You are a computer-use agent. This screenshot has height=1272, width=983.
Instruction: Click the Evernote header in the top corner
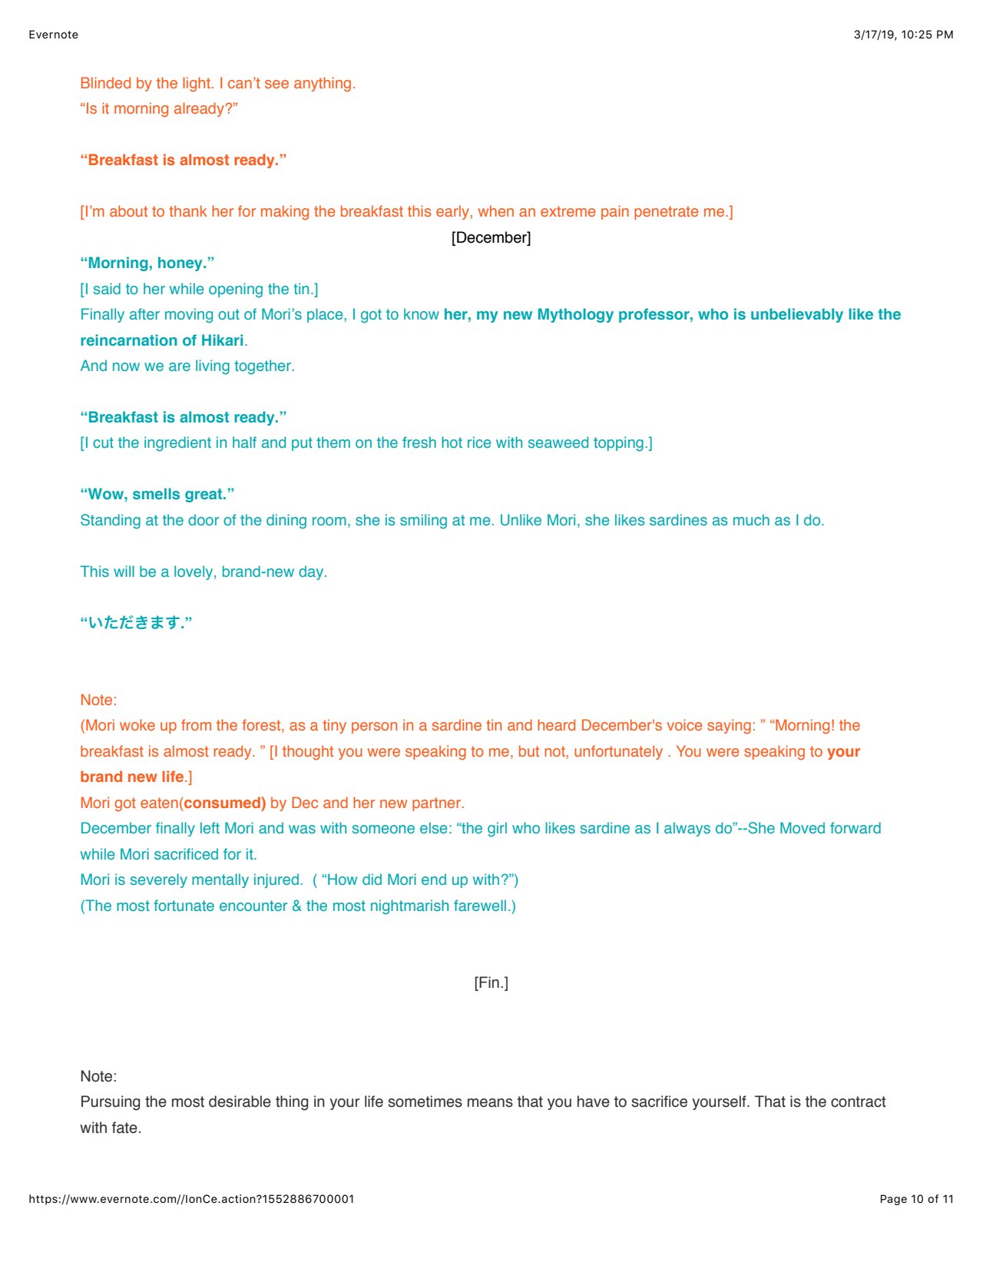click(x=53, y=35)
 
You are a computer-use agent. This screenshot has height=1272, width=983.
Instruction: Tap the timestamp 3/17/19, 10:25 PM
click(x=903, y=35)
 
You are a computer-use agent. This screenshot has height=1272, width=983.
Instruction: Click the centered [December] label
click(x=491, y=237)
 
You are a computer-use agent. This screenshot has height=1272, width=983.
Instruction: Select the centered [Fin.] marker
click(x=491, y=982)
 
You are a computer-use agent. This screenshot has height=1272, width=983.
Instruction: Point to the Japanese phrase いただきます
click(x=136, y=622)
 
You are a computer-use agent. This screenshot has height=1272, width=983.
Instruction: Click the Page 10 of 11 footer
click(x=916, y=1199)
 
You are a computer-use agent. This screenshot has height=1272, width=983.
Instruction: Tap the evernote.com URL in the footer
click(x=191, y=1199)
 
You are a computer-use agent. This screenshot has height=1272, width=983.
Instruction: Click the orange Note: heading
click(x=98, y=700)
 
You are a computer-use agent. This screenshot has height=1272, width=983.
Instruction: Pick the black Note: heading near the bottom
click(x=98, y=1076)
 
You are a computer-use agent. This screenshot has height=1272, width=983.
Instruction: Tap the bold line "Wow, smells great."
click(x=157, y=494)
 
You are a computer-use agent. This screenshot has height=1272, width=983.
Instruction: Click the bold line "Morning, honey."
click(x=147, y=263)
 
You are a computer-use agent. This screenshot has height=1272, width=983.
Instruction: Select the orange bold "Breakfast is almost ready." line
click(x=184, y=160)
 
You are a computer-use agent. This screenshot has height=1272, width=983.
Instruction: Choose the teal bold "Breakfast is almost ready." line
click(x=184, y=417)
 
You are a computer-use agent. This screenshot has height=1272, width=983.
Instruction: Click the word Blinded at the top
click(x=106, y=83)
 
